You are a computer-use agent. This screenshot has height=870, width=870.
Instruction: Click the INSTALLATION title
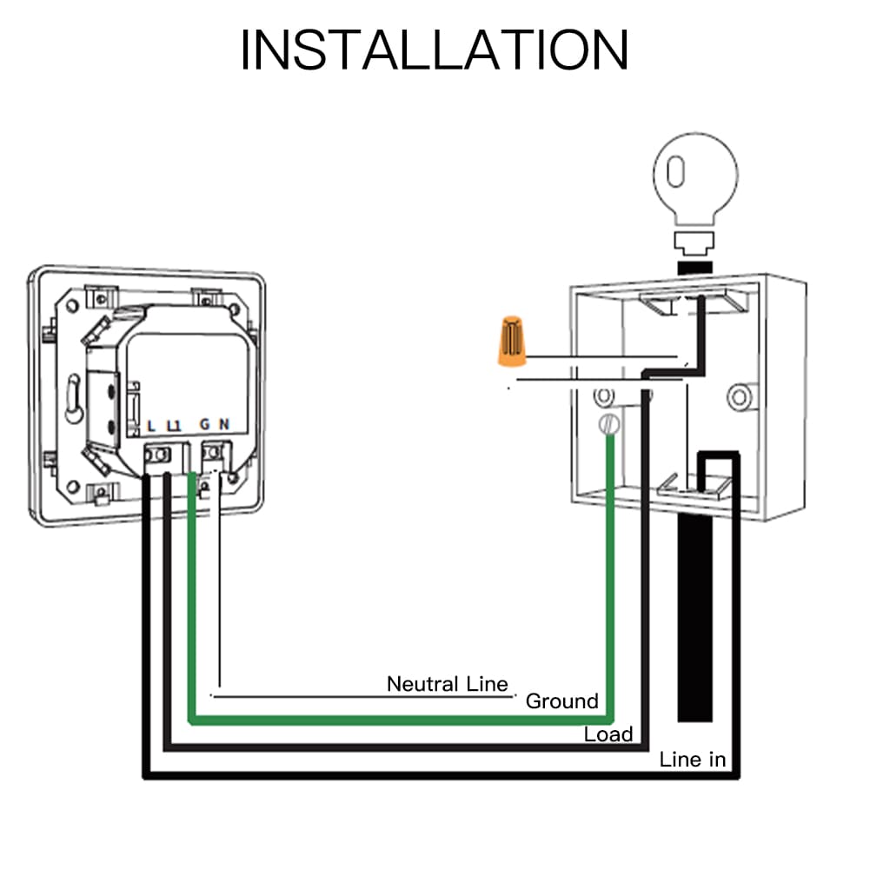tap(434, 50)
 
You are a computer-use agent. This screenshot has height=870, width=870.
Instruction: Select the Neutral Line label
tap(447, 684)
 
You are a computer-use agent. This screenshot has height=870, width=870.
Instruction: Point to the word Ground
tap(562, 701)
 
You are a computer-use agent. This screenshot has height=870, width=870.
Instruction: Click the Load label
tap(608, 734)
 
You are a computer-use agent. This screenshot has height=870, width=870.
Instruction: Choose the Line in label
tap(692, 760)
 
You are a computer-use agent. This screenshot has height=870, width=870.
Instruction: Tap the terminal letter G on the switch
tap(205, 425)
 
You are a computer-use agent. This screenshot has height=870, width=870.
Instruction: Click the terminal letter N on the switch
tap(224, 425)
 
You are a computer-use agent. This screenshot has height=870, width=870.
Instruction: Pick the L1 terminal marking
tap(173, 425)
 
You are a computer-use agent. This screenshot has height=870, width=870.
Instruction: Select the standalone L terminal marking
tap(151, 425)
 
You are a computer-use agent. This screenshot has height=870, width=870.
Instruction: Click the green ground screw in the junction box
tap(610, 424)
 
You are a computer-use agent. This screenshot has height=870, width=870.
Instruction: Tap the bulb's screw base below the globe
tap(694, 240)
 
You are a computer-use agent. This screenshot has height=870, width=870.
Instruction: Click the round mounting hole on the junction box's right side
tap(740, 397)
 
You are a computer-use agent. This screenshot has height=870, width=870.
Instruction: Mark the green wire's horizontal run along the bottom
tap(400, 721)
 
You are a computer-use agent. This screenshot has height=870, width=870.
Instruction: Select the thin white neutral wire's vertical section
tap(217, 591)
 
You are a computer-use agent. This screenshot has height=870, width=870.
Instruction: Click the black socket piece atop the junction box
tap(694, 263)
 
